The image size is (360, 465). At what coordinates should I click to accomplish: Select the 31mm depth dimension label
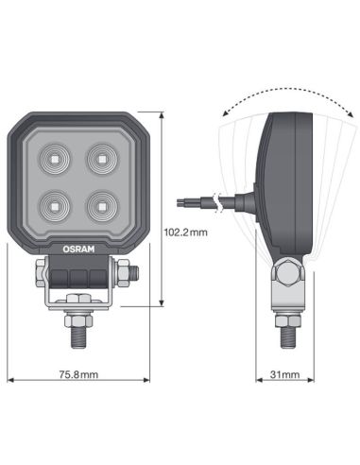[283, 375]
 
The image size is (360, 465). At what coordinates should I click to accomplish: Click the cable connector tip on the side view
[183, 200]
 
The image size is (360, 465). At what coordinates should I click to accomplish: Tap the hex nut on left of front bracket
[40, 275]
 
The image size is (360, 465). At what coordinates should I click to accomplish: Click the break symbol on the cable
[218, 200]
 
